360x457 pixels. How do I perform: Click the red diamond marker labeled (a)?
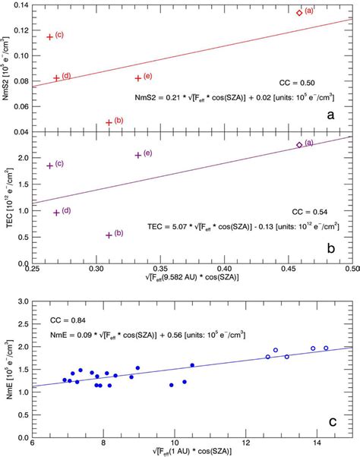299,12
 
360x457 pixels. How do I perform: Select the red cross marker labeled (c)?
50,36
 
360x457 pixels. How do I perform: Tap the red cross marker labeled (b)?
109,122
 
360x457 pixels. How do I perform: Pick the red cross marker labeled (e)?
138,78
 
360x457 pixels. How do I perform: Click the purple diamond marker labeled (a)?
299,145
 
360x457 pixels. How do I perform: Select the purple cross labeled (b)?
109,235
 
